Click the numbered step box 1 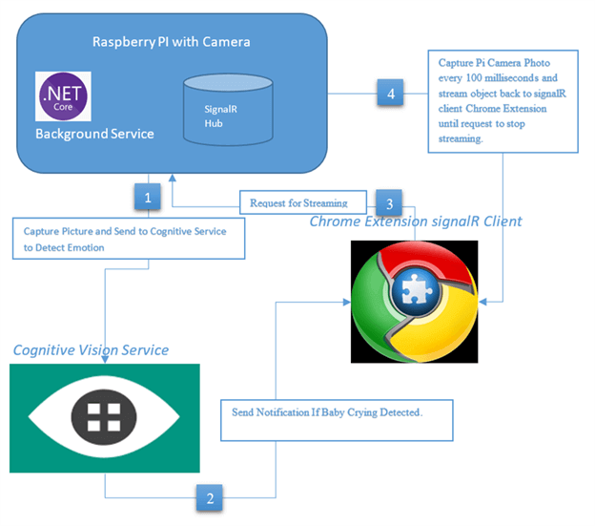coord(147,198)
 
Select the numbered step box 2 coord(210,496)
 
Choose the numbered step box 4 coord(388,94)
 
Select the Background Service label coord(94,134)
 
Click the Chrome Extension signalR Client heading coord(416,221)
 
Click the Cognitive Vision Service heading coord(91,350)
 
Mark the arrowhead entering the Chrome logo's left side coord(346,303)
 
